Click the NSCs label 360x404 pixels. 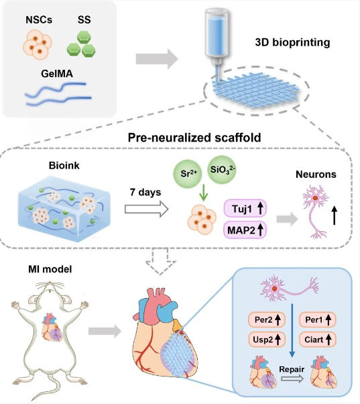click(x=39, y=20)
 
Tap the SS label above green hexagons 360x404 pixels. click(x=84, y=20)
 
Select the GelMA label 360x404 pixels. click(x=57, y=74)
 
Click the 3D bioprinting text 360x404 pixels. click(x=292, y=42)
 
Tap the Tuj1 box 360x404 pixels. click(x=245, y=209)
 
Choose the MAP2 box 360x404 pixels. click(x=245, y=230)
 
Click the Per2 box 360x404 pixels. click(x=267, y=319)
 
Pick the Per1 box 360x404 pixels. click(x=317, y=319)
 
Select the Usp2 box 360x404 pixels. click(x=267, y=340)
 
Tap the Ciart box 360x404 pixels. click(x=317, y=340)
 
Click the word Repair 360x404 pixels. click(x=292, y=370)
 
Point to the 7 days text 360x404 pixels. click(x=145, y=192)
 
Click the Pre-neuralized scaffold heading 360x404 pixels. click(x=194, y=138)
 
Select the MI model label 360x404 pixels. click(x=50, y=269)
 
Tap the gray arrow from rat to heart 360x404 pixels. click(x=105, y=331)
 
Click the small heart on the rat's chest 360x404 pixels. click(x=52, y=327)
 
